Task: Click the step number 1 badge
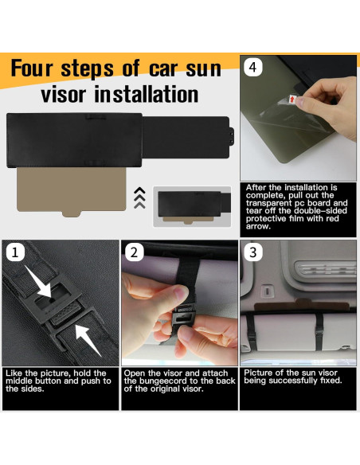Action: tap(15, 252)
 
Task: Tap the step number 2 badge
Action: tap(135, 252)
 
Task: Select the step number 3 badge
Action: tap(253, 252)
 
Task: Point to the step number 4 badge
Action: tap(253, 68)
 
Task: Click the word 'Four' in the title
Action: tap(31, 68)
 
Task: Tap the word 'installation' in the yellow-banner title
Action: tap(147, 94)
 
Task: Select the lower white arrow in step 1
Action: tap(88, 339)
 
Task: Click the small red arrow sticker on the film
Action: tap(292, 100)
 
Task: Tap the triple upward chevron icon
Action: tap(140, 197)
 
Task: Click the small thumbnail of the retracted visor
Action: tap(192, 207)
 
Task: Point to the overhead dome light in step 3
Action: tap(326, 268)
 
